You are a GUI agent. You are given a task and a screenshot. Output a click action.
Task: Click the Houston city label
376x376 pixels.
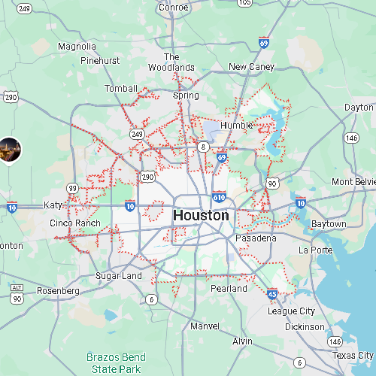click(201, 216)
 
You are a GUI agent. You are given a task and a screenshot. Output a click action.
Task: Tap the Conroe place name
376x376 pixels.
click(174, 8)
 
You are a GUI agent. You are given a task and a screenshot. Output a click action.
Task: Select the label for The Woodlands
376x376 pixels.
click(171, 62)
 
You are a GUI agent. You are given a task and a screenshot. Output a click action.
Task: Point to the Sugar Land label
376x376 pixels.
click(118, 276)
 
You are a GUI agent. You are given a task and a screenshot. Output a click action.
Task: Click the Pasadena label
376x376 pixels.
click(256, 238)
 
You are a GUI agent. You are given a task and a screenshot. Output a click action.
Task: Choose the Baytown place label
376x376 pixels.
click(328, 224)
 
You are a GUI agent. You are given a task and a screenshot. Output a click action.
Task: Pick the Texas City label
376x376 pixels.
click(353, 355)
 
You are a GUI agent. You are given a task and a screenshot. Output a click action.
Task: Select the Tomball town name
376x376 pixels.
click(121, 89)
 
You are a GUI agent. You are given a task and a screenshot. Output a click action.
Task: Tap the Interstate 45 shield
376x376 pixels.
click(271, 295)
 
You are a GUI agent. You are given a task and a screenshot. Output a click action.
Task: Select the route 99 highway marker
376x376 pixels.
click(72, 187)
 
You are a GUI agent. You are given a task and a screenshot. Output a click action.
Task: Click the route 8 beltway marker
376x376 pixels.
click(204, 146)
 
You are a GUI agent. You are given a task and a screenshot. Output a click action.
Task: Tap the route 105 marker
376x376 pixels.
click(244, 3)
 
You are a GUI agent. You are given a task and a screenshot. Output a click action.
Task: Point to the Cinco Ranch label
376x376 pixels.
click(74, 223)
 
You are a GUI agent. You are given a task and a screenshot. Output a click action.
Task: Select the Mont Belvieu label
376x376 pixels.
click(353, 182)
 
